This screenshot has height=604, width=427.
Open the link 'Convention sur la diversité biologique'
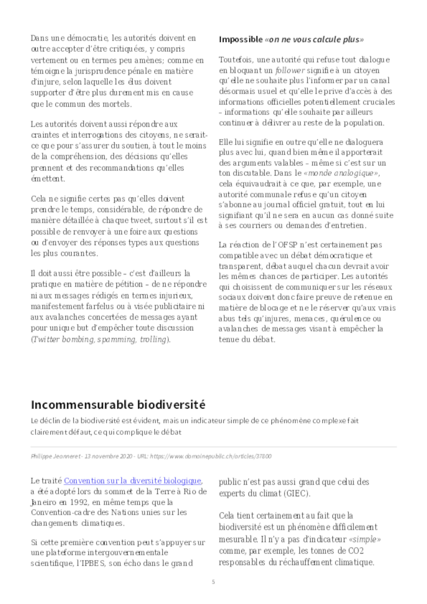click(x=132, y=481)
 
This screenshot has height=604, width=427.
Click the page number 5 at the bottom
click(x=213, y=582)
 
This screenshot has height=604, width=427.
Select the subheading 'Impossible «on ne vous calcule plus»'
click(x=291, y=39)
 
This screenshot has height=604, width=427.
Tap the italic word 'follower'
click(x=290, y=70)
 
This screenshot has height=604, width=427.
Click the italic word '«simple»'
click(x=365, y=540)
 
